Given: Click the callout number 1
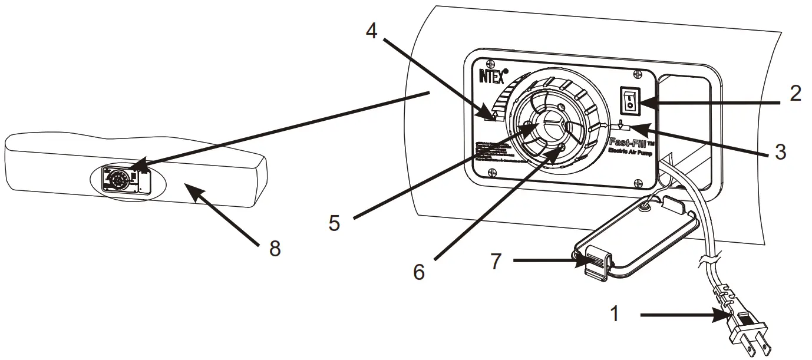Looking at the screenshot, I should [615, 315].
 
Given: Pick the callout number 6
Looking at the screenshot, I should [418, 272].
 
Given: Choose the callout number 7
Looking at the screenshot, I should [497, 260].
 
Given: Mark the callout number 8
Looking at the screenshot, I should [274, 247].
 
